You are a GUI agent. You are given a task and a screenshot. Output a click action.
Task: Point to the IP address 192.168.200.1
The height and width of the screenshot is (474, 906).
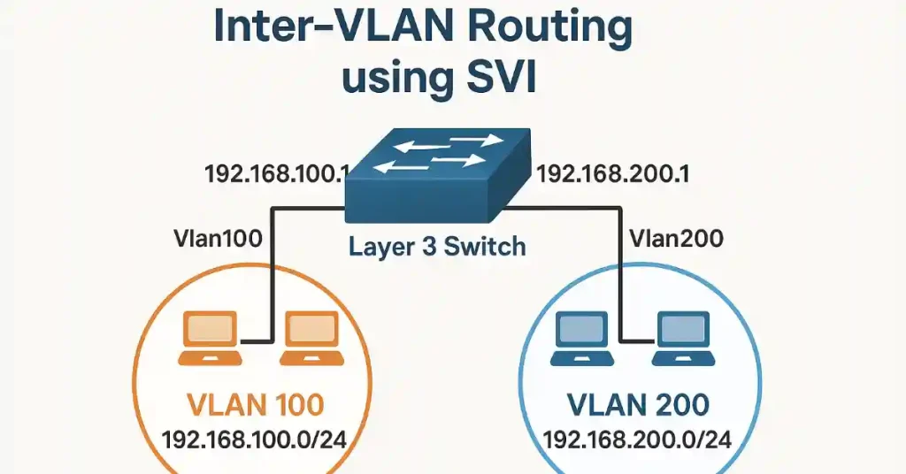pos(613,173)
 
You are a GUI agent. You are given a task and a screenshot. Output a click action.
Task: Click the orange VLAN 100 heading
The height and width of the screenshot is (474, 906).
pos(257,405)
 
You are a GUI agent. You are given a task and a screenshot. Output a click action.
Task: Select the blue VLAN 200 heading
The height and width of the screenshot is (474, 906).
pos(638,405)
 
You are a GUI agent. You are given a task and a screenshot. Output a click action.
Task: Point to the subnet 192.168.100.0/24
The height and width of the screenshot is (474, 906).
pos(257,440)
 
